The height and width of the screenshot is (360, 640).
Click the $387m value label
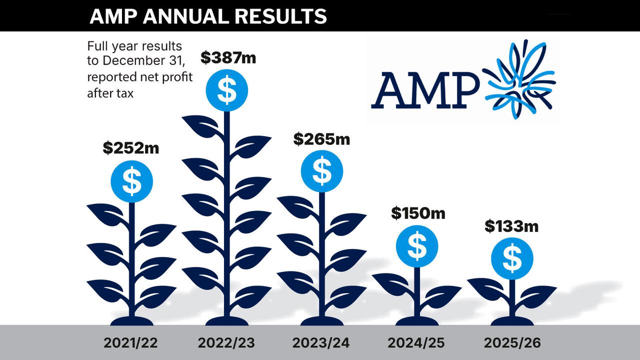coord(228,58)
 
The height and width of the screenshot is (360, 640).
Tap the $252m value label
coord(131,148)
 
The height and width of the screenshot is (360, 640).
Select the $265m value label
coord(321,139)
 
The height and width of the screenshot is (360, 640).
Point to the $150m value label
coord(418,213)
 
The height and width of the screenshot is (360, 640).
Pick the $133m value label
coord(511,226)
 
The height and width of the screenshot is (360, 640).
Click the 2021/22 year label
coord(131,343)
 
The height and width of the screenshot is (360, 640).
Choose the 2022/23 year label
coord(226,343)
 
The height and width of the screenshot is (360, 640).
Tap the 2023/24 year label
coord(321,343)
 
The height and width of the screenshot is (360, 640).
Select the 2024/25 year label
coord(416,343)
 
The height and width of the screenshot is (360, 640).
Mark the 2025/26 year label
coord(512,343)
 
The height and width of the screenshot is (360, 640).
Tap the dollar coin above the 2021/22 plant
coord(131,181)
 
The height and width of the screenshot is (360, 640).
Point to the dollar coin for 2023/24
coord(321,171)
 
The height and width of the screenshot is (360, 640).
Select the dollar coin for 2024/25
coord(417,246)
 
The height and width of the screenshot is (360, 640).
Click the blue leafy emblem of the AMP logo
coord(520,80)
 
